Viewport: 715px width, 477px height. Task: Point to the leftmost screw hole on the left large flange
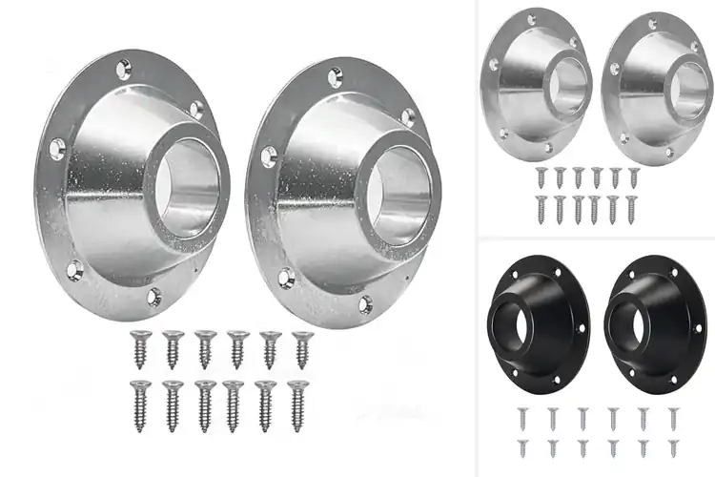pos(55,147)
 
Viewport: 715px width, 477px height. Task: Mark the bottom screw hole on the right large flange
pos(364,305)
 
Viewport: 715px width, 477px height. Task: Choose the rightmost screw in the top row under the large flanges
pos(302,348)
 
